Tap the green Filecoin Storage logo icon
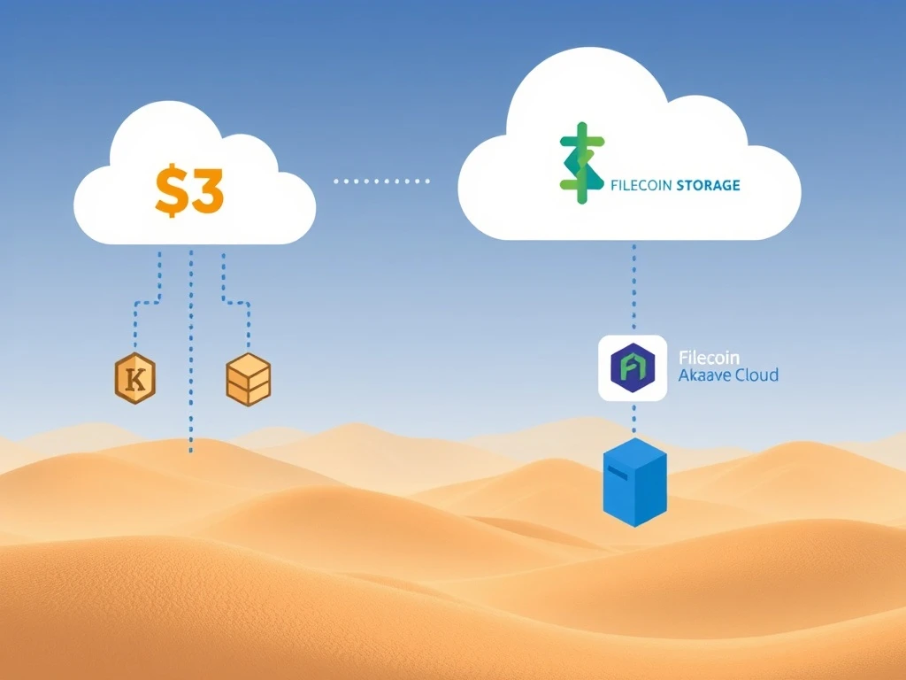[x=581, y=164]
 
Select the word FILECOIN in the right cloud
[x=641, y=186]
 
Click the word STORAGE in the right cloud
[x=708, y=186]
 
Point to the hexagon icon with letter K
[x=135, y=379]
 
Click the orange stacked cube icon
[x=249, y=379]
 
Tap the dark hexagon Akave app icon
[x=633, y=367]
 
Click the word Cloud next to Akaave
[x=756, y=375]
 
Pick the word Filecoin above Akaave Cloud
[x=708, y=359]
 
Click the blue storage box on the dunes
[x=633, y=482]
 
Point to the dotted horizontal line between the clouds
[x=381, y=181]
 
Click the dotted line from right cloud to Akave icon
[x=633, y=288]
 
